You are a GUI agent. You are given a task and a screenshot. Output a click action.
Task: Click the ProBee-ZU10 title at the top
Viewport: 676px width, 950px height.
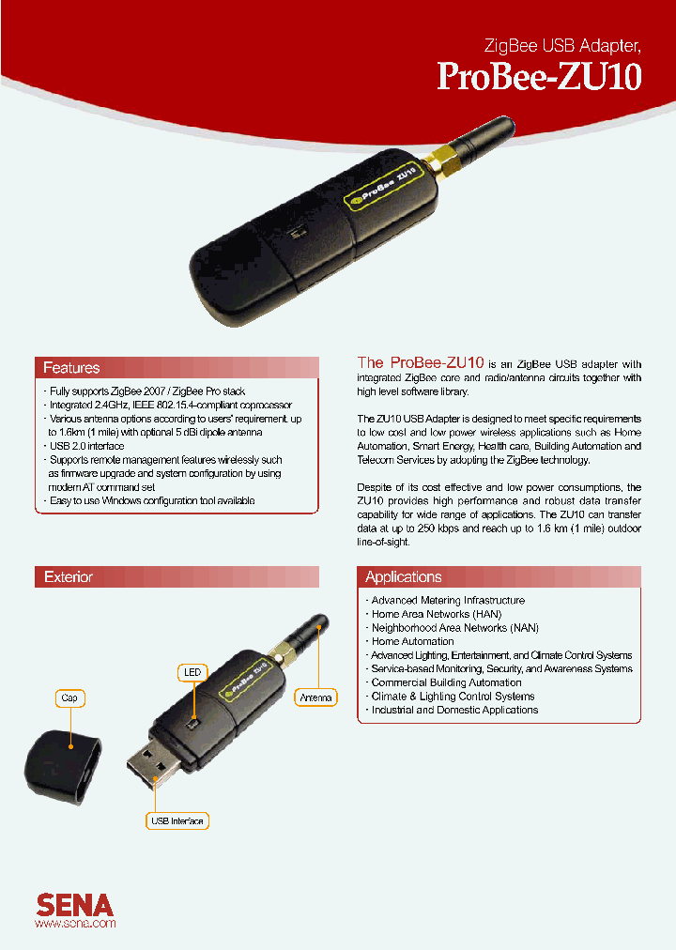539,76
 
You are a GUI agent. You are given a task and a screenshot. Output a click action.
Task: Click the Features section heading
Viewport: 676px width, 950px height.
71,367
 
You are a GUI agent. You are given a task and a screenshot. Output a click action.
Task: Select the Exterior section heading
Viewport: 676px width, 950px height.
69,577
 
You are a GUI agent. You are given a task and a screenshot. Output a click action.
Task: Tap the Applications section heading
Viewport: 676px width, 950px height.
403,577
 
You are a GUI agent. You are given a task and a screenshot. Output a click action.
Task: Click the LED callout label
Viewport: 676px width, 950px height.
192,672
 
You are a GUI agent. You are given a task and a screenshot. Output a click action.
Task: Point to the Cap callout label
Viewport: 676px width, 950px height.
69,698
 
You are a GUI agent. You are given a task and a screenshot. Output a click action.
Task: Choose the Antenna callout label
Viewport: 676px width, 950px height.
315,697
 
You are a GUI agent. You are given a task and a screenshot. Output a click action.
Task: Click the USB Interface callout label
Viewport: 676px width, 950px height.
177,821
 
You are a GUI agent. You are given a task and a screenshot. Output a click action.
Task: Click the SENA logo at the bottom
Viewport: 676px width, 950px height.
75,904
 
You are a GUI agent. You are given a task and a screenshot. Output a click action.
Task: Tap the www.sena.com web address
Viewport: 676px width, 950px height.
75,924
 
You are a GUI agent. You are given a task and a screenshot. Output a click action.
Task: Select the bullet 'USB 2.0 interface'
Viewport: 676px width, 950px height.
86,446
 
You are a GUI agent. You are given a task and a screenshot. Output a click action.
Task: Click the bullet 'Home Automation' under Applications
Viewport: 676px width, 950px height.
412,641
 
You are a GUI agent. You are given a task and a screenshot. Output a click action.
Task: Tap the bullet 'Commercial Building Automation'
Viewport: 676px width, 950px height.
446,682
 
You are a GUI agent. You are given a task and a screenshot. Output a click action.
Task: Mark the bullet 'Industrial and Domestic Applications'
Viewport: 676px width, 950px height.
454,710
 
